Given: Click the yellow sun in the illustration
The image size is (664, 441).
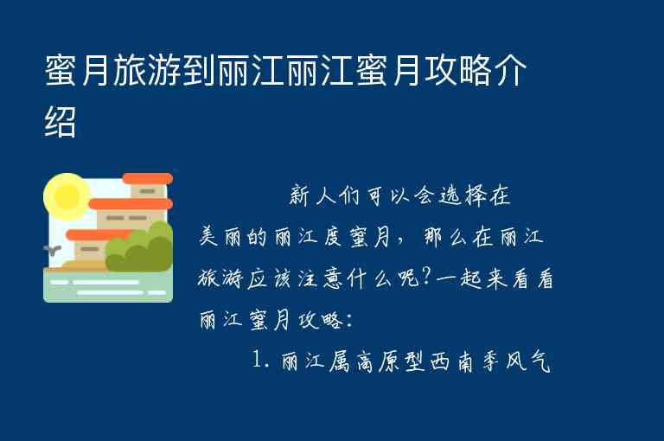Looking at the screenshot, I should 65,195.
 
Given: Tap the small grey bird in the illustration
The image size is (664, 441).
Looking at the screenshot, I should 53,251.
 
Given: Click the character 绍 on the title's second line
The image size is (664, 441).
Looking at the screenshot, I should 61,122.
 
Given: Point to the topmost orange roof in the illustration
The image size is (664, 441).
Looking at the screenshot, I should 147,178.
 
